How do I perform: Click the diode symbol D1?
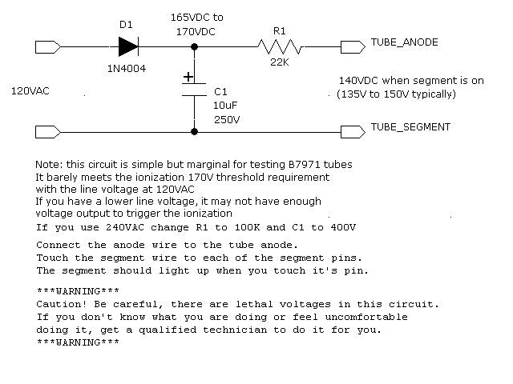click(127, 46)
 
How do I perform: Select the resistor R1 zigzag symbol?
click(280, 46)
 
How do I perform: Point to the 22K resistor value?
click(280, 63)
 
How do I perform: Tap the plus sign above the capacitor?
click(188, 78)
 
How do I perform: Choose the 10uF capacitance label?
click(225, 106)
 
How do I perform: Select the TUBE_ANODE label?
click(404, 42)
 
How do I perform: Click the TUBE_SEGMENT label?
click(410, 127)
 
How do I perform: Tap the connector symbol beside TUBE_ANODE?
click(353, 46)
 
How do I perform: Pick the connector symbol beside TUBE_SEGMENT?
click(353, 130)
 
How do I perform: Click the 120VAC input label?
click(30, 91)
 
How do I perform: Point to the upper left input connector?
click(48, 46)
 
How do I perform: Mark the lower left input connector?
click(48, 130)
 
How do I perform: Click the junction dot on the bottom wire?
click(195, 130)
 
